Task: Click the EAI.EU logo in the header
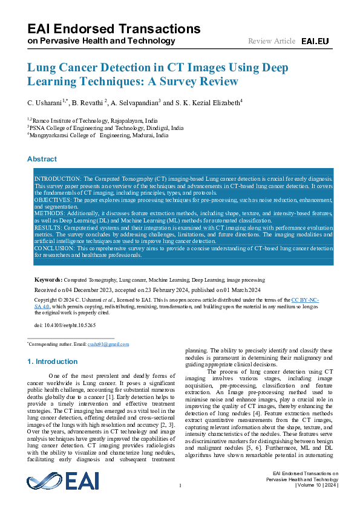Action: (315, 41)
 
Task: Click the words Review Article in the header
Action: (272, 41)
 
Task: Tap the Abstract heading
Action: (42, 159)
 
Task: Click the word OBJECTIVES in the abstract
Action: (51, 199)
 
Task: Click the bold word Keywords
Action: (48, 280)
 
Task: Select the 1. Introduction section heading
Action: (53, 361)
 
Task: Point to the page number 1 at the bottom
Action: (180, 486)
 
